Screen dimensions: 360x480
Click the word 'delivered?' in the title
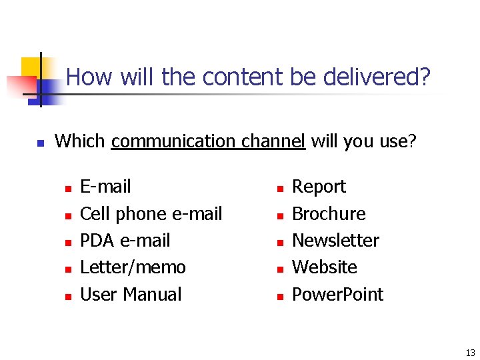coord(377,77)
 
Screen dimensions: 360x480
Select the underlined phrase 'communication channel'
coord(208,141)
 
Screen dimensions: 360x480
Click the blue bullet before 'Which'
coord(40,143)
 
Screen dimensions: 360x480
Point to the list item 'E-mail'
coord(105,187)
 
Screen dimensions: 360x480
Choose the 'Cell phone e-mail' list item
coord(151,214)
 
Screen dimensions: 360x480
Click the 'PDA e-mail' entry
coord(125,241)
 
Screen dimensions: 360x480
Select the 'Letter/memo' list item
coord(133,267)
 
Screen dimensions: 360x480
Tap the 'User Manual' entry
coord(131,295)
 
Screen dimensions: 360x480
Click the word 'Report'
coord(319,187)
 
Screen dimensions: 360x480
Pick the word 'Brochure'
coord(329,214)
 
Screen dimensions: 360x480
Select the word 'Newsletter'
coord(336,241)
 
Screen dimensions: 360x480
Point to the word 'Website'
coord(325,267)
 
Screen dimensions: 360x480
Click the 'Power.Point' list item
coord(338,295)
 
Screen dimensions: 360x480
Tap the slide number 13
coord(471,353)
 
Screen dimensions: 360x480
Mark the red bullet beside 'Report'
coord(280,189)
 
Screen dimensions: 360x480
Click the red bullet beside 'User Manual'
coord(67,296)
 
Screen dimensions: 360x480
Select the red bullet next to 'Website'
coord(280,269)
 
